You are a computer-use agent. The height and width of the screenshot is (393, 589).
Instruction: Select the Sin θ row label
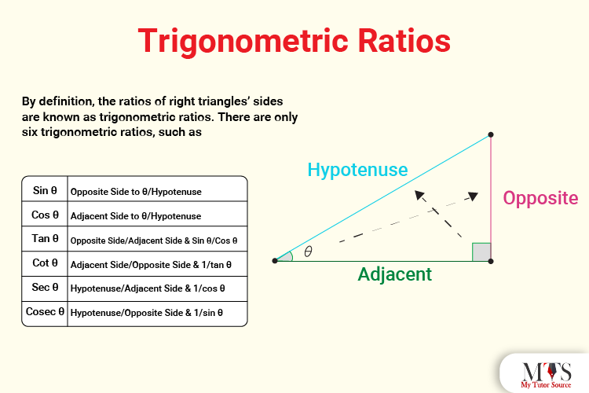46,190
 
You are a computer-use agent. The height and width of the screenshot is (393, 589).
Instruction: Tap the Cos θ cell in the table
46,215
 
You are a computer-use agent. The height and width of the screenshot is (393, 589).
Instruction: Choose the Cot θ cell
46,263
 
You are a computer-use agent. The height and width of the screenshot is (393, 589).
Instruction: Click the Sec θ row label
46,288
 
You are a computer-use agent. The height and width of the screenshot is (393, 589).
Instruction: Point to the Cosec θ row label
46,312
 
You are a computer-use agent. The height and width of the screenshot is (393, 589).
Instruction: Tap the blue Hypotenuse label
357,169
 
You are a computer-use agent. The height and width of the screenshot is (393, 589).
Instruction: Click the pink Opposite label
540,198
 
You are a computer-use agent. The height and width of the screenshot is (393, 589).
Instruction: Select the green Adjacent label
394,274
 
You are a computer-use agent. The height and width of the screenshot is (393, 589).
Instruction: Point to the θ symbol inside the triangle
308,252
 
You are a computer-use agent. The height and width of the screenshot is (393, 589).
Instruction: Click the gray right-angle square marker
481,252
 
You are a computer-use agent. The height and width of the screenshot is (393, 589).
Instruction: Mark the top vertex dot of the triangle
491,134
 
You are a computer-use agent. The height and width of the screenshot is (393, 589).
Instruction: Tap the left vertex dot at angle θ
275,260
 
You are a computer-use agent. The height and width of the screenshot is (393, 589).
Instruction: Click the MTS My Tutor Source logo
543,373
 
